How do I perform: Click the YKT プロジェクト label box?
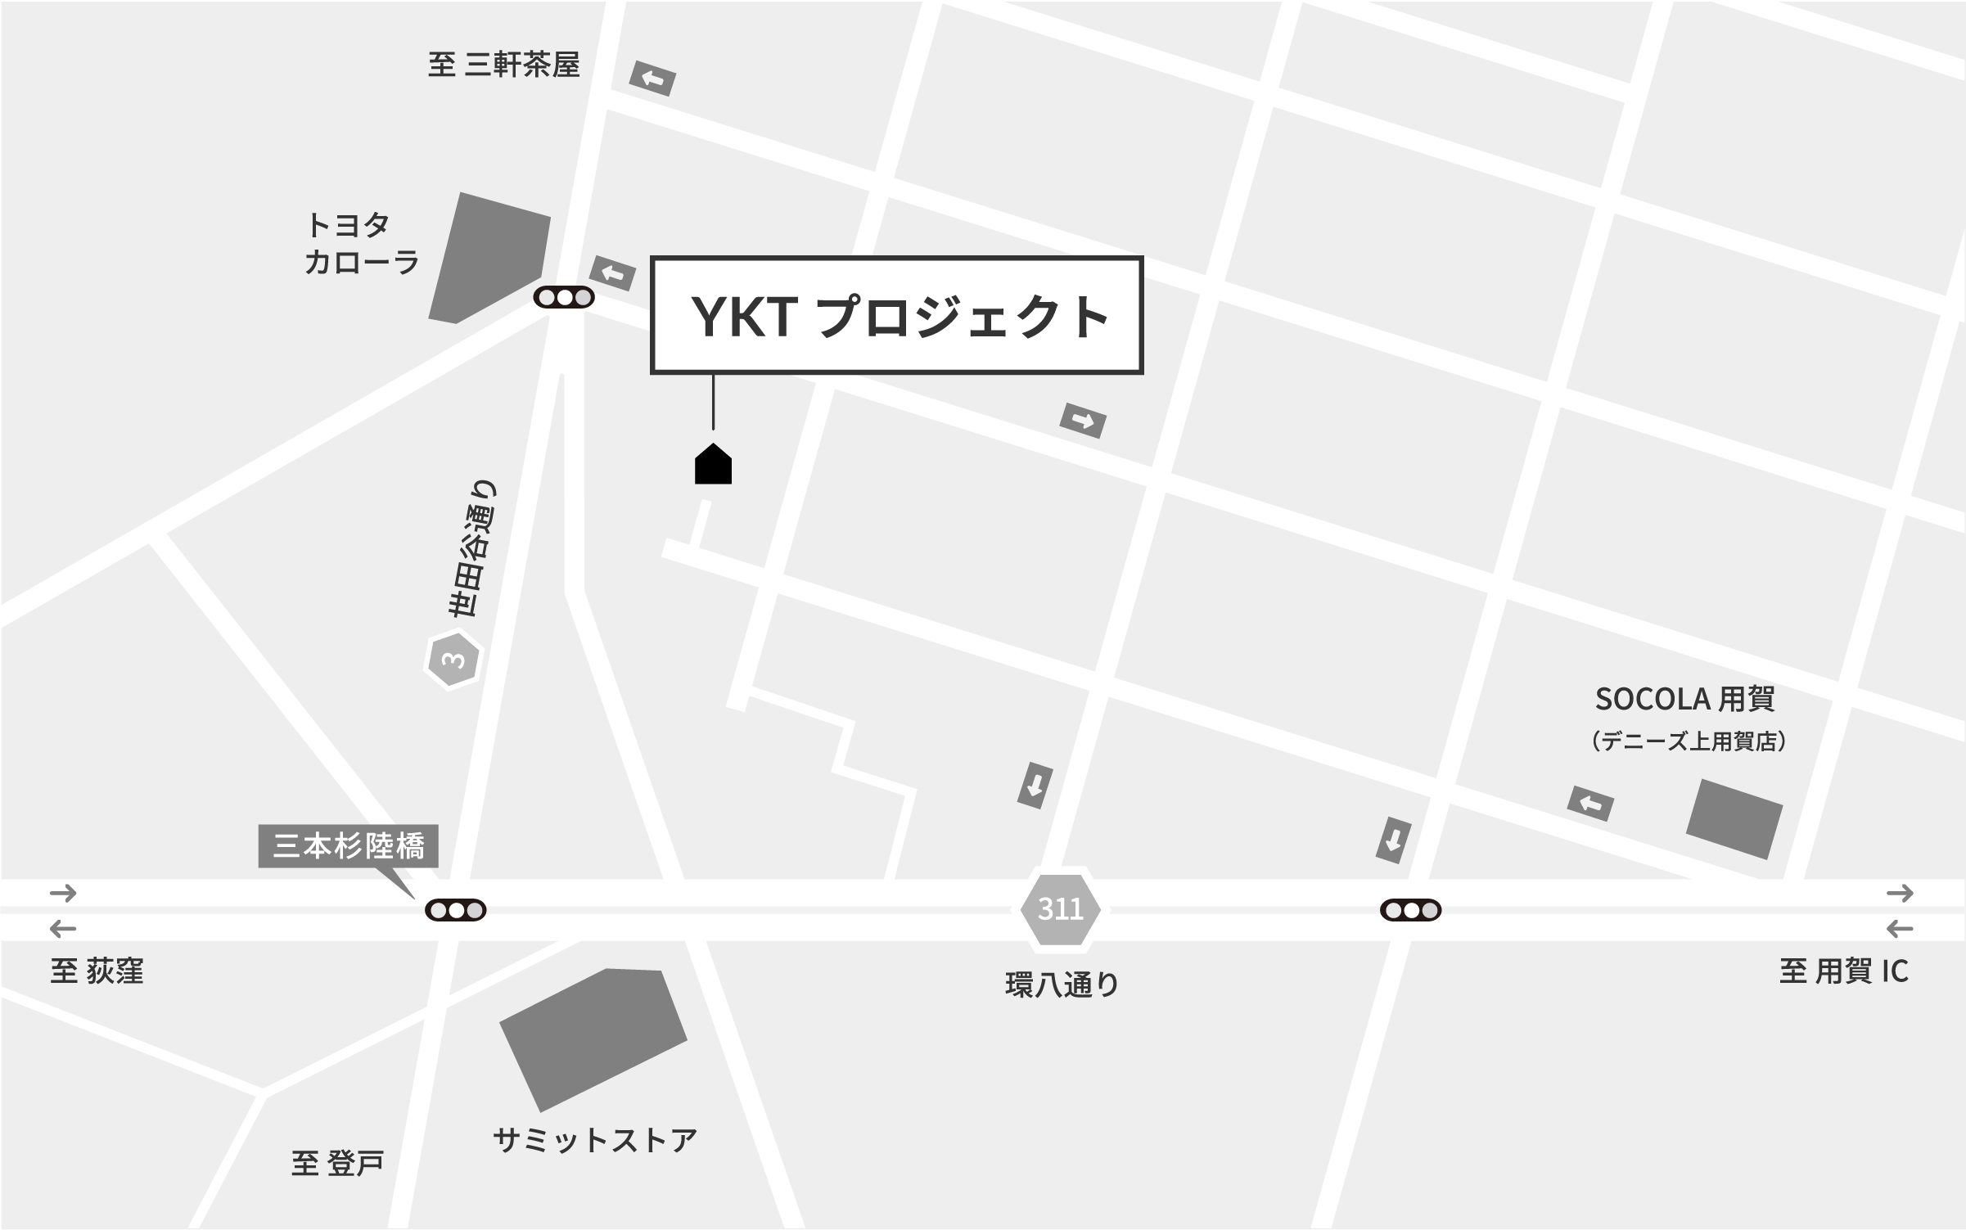coord(896,315)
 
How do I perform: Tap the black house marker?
coord(713,465)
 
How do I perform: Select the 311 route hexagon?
coord(1060,909)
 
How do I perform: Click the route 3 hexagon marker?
coord(453,659)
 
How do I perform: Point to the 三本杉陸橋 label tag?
coord(349,845)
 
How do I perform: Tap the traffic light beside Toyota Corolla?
coord(564,298)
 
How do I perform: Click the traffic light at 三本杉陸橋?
coord(456,910)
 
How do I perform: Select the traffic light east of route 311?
coord(1410,910)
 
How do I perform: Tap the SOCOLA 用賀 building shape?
coord(1734,818)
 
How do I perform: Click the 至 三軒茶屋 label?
coord(503,65)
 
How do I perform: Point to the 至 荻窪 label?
coord(97,971)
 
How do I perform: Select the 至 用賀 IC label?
coord(1843,971)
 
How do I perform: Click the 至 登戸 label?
coord(337,1162)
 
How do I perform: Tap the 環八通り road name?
coord(1062,984)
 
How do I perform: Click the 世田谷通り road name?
coord(472,548)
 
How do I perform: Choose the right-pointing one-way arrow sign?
coord(1082,421)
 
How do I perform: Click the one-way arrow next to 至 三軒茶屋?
coord(652,79)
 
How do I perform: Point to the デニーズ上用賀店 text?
coord(1688,741)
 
